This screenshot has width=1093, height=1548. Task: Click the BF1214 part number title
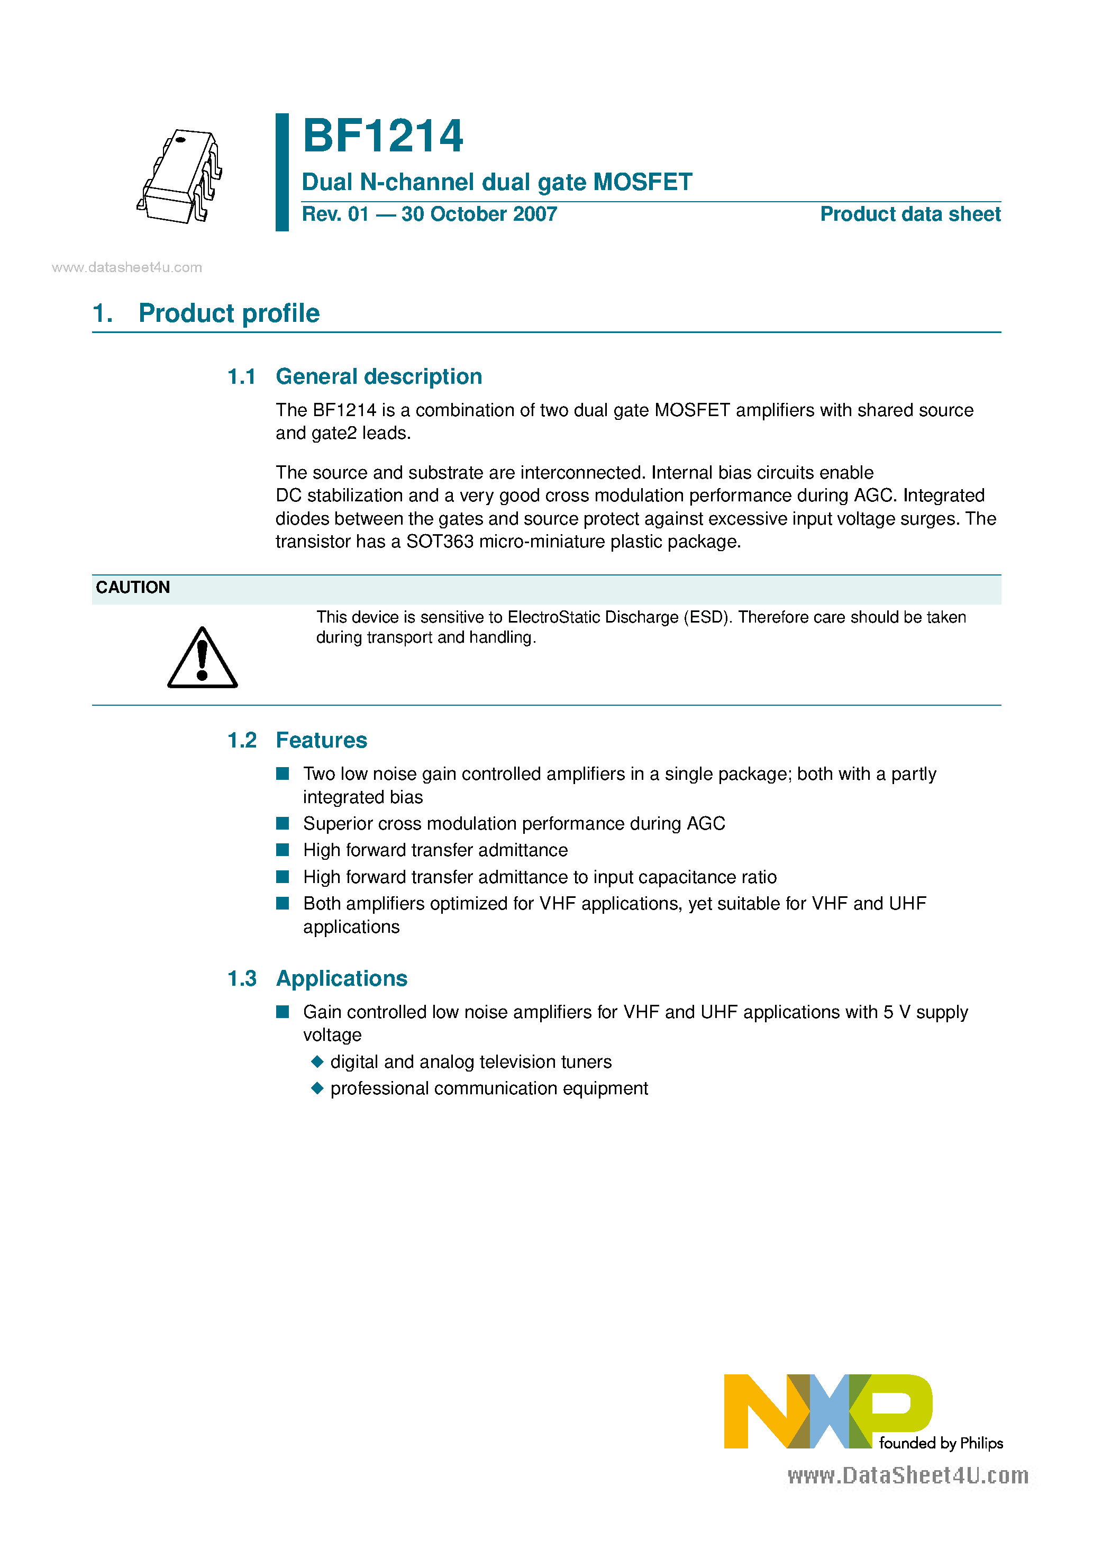pyautogui.click(x=382, y=136)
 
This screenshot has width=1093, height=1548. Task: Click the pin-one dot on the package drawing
pyautogui.click(x=180, y=140)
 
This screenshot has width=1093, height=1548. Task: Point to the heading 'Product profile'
pyautogui.click(x=229, y=313)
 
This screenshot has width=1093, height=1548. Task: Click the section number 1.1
pyautogui.click(x=241, y=377)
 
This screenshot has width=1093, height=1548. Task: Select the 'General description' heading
pyautogui.click(x=379, y=377)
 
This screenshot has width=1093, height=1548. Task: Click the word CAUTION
pyautogui.click(x=133, y=587)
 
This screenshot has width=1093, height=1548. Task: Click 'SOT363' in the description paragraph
pyautogui.click(x=439, y=542)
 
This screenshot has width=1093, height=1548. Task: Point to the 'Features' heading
pyautogui.click(x=322, y=740)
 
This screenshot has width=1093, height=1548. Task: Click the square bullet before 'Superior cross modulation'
pyautogui.click(x=283, y=823)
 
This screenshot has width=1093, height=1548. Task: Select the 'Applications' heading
pyautogui.click(x=342, y=978)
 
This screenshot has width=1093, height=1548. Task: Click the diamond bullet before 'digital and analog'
pyautogui.click(x=317, y=1062)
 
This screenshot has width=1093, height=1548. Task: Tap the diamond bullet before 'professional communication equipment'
pyautogui.click(x=317, y=1088)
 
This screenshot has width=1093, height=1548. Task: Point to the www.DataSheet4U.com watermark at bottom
pyautogui.click(x=908, y=1476)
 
